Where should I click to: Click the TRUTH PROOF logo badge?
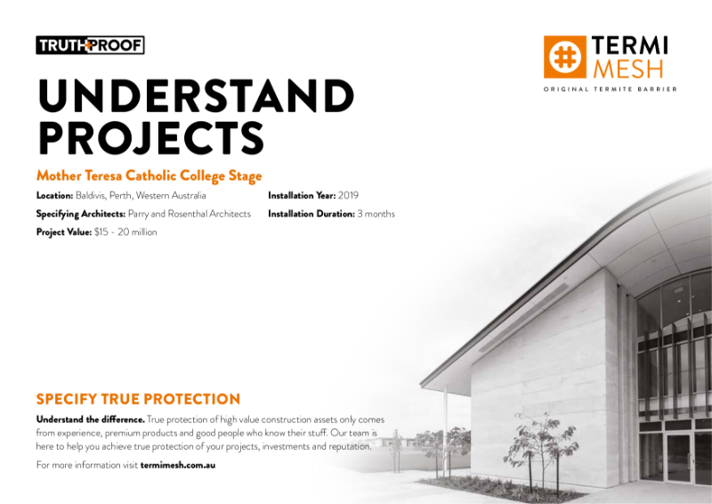[90, 45]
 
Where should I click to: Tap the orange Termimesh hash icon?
[564, 57]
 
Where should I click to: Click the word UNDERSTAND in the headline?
[195, 97]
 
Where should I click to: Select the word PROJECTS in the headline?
[150, 137]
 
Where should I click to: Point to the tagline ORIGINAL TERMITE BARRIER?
[610, 89]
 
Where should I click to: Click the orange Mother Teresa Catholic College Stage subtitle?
[149, 175]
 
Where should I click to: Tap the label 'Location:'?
[54, 195]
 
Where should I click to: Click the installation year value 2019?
[348, 195]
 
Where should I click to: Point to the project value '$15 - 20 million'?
[125, 232]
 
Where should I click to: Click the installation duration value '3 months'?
[376, 214]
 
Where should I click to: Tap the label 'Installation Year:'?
[302, 195]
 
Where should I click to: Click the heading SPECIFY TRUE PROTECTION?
[138, 399]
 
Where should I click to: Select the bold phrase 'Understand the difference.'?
[90, 419]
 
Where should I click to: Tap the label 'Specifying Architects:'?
[80, 214]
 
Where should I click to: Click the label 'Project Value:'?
[64, 232]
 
